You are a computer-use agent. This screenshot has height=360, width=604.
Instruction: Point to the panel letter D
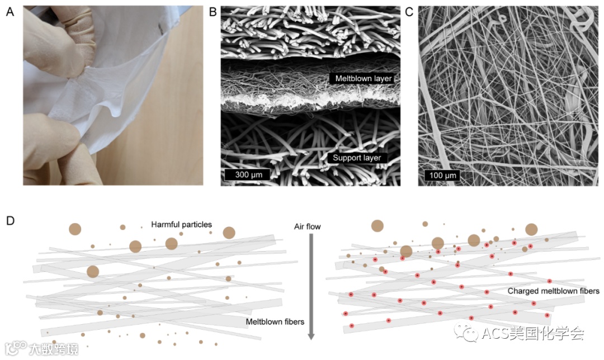tap(10, 221)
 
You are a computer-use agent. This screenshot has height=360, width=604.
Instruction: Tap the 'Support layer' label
tap(357, 158)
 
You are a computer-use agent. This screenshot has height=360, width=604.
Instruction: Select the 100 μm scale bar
tap(443, 175)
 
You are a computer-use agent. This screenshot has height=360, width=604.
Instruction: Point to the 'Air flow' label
tap(308, 226)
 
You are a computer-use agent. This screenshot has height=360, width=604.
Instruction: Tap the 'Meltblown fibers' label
tap(275, 321)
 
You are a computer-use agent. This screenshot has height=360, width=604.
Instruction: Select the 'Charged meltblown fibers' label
tap(553, 291)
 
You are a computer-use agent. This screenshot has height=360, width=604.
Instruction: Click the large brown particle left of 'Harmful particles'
tap(75, 229)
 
